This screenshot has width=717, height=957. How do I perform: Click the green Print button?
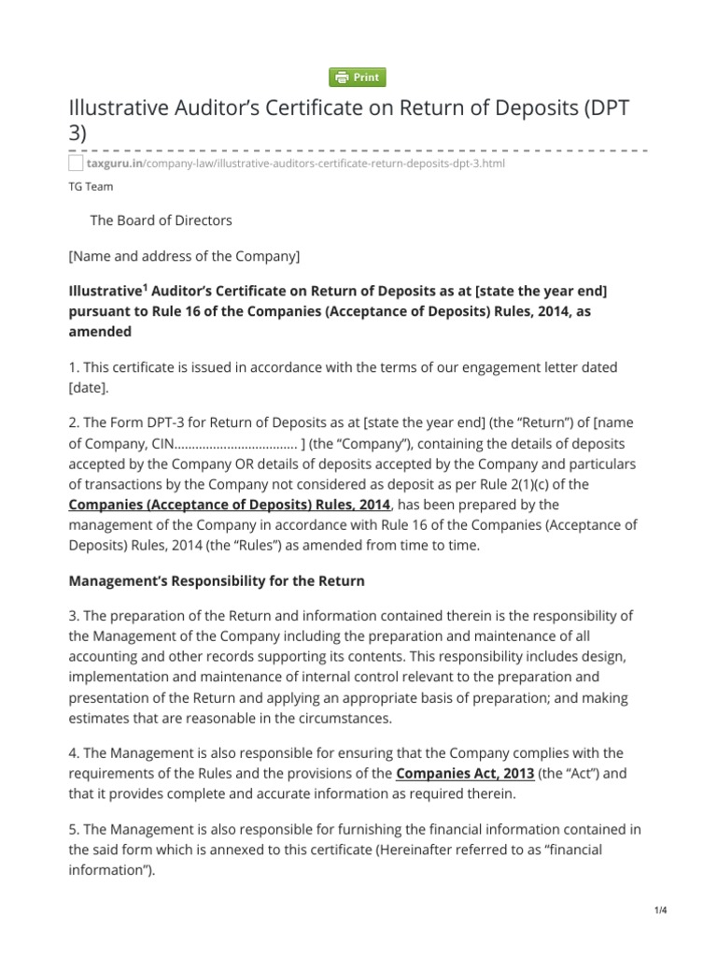click(x=358, y=78)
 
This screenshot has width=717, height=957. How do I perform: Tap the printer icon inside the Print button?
click(x=342, y=78)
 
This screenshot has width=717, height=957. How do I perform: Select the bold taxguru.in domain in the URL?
click(x=113, y=163)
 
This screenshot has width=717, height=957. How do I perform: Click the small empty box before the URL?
click(x=76, y=163)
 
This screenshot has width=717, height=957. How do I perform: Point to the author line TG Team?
click(x=91, y=186)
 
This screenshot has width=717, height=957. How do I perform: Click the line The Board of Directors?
click(x=161, y=221)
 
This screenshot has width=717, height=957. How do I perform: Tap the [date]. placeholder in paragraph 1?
click(x=91, y=387)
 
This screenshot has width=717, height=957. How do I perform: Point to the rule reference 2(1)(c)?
click(x=550, y=484)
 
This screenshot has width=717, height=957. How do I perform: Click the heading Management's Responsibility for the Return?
click(x=217, y=580)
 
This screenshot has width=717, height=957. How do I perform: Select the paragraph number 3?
click(x=74, y=615)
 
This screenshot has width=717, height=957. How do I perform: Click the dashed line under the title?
click(x=358, y=150)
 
